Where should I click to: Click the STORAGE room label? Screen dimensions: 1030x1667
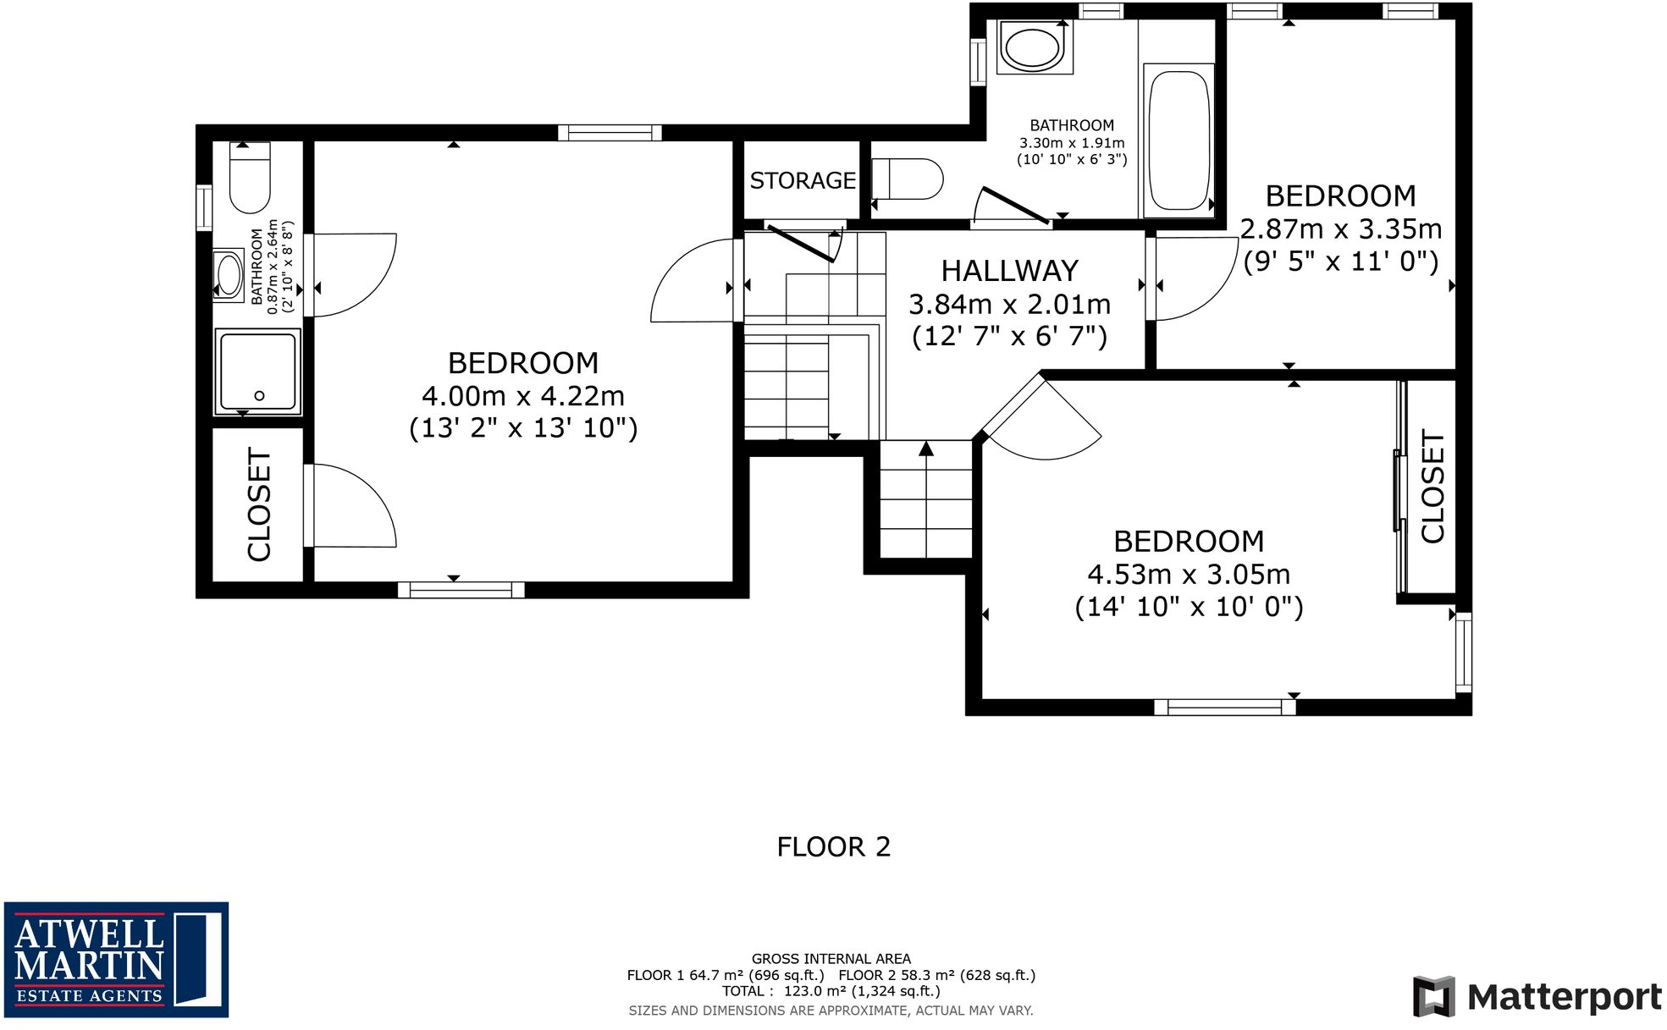803,180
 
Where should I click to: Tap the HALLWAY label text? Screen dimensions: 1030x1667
1009,271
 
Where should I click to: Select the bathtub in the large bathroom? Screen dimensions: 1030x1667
1178,140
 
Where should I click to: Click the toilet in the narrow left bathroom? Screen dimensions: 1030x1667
250,179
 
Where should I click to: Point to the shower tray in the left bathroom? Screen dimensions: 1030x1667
258,372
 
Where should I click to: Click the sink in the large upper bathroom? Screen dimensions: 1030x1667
1033,46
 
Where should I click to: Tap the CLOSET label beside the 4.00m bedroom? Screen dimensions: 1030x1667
259,504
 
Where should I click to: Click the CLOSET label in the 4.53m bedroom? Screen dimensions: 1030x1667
1432,487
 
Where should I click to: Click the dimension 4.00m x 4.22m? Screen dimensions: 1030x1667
523,395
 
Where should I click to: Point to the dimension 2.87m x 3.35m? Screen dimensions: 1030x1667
1340,229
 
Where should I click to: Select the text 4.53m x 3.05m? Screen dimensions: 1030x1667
1189,574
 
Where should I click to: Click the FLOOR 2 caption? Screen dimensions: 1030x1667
833,846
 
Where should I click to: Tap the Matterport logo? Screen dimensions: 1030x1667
1537,996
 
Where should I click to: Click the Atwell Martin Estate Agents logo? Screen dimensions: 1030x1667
116,959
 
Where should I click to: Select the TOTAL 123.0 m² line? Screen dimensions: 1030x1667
831,991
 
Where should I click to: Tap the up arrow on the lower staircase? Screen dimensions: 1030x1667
926,449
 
